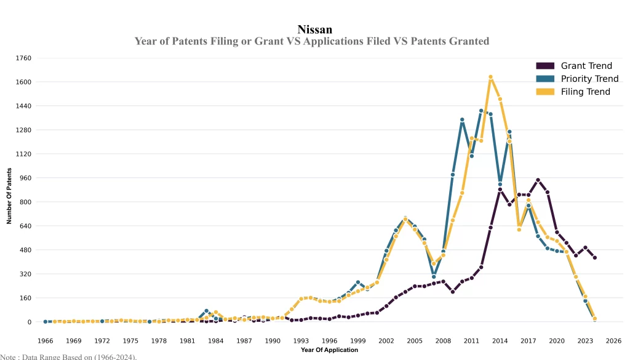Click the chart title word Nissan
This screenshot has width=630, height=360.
click(314, 30)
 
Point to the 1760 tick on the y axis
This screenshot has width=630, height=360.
click(23, 58)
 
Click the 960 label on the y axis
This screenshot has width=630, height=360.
click(25, 178)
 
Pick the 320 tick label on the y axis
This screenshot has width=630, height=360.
click(25, 274)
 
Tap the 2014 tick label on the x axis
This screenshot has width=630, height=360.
click(500, 340)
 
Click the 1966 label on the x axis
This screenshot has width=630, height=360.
click(46, 340)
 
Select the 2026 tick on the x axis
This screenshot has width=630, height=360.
click(613, 340)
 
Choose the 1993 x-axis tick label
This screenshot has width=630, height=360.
click(301, 340)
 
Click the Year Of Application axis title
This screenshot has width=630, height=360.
click(329, 350)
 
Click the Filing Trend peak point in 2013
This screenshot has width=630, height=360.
click(490, 77)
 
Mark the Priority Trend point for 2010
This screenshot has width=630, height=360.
click(462, 120)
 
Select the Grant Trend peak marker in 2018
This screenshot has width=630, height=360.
click(538, 180)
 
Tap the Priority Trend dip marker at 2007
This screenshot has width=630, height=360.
click(434, 277)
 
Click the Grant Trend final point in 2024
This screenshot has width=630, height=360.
click(595, 258)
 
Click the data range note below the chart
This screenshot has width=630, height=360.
click(68, 356)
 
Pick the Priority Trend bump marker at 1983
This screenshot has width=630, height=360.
click(207, 311)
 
